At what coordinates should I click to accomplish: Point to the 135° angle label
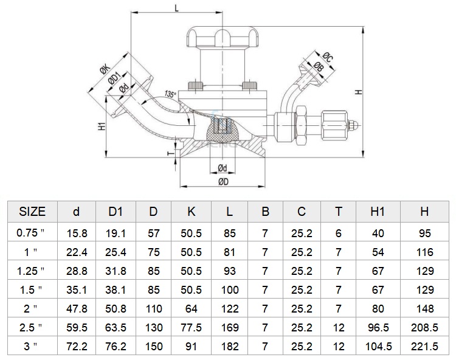pyautogui.click(x=170, y=94)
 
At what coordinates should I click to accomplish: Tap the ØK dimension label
pyautogui.click(x=105, y=70)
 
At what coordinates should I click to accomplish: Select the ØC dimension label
pyautogui.click(x=328, y=57)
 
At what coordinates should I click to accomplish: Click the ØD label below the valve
pyautogui.click(x=223, y=182)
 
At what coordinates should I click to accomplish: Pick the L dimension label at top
pyautogui.click(x=176, y=8)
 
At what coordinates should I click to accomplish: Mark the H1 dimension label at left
pyautogui.click(x=101, y=126)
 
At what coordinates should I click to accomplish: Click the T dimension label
pyautogui.click(x=171, y=153)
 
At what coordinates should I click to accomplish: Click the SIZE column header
pyautogui.click(x=32, y=212)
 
